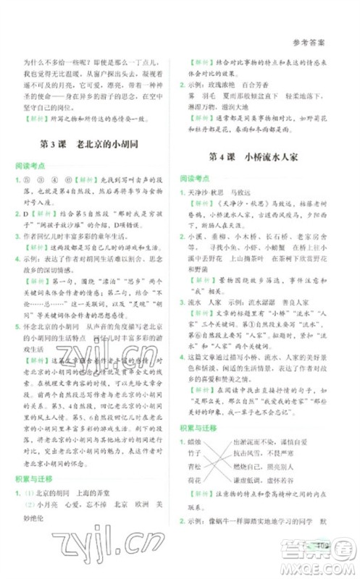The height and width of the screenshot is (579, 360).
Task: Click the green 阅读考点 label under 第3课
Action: (30, 166)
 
